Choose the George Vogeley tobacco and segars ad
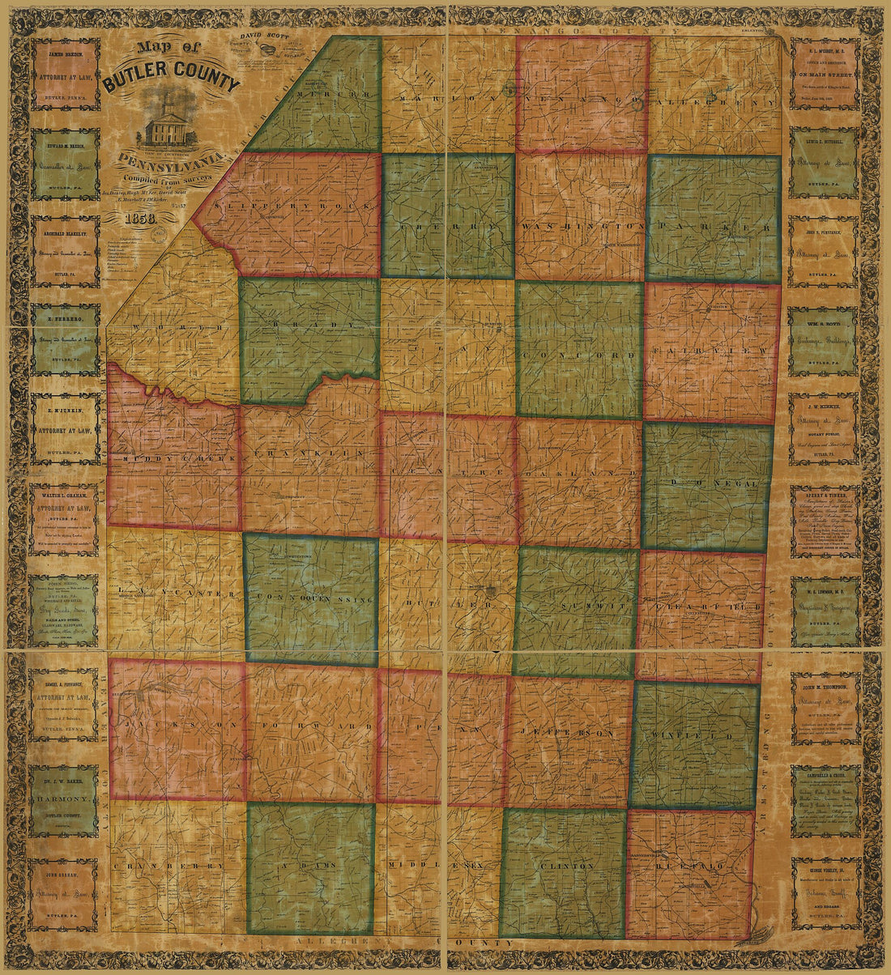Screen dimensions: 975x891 point(826,892)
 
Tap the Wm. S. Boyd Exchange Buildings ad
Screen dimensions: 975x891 point(826,341)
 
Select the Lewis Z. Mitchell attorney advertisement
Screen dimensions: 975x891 point(826,163)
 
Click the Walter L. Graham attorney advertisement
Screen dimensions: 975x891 point(66,519)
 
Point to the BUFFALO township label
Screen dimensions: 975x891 point(689,866)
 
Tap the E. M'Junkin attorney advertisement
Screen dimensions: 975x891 point(66,429)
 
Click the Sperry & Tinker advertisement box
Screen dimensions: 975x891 point(826,520)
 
